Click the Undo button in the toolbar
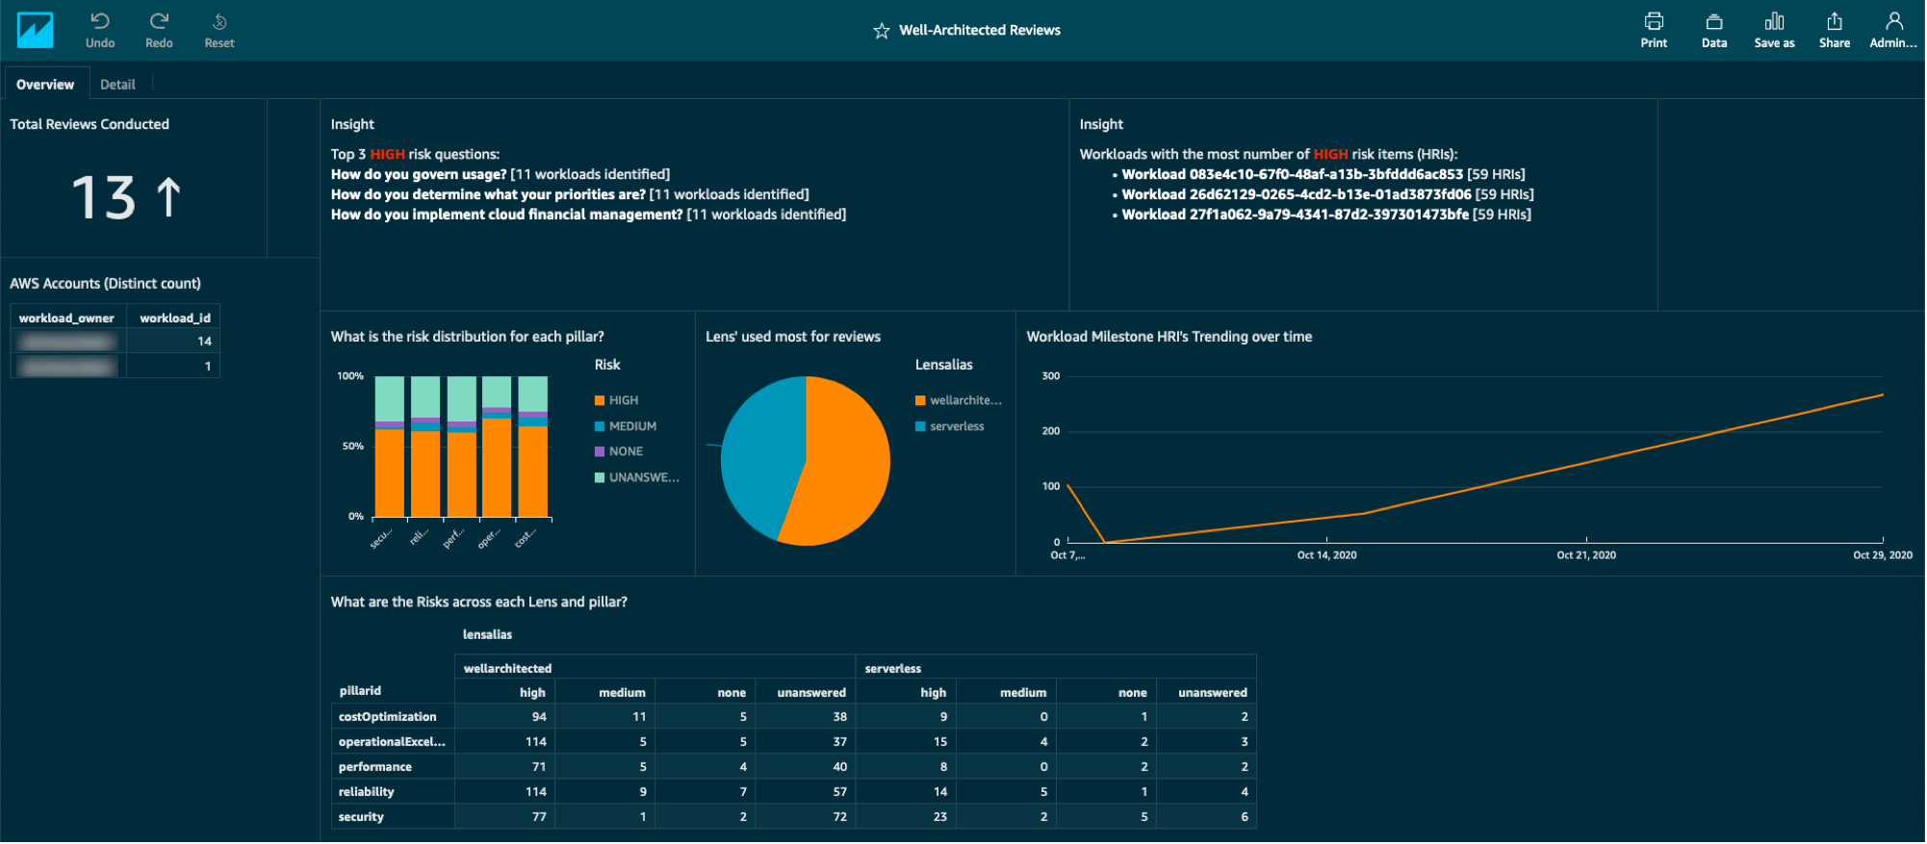pos(99,30)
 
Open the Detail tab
pos(117,85)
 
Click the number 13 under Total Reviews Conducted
pos(104,197)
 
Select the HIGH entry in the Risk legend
pos(623,400)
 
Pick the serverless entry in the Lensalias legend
pos(956,426)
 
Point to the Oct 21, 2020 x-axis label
pos(1585,555)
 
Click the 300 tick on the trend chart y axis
pos(1050,376)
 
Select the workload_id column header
pos(174,319)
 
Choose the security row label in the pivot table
pos(361,817)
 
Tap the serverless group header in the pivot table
pos(892,669)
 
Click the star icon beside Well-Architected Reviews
pos(881,31)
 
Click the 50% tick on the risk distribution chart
pos(352,447)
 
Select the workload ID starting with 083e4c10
pos(1292,174)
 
